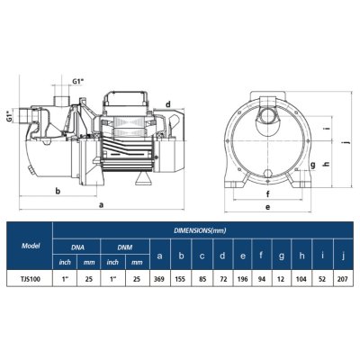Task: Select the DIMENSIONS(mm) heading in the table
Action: tap(201, 230)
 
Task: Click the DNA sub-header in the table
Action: tap(77, 245)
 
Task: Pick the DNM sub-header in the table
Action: tap(123, 245)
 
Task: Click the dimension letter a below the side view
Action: tap(100, 204)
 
